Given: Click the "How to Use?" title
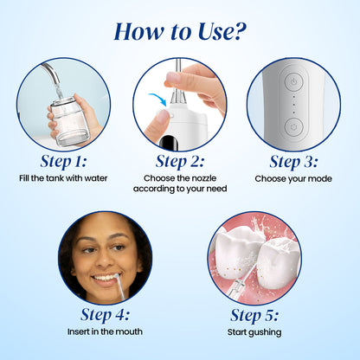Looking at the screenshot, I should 179,31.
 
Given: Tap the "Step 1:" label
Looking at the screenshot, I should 63,161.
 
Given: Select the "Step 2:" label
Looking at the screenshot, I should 178,161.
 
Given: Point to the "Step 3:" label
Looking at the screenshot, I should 292,161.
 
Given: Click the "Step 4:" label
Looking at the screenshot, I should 105,314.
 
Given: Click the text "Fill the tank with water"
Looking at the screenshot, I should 63,178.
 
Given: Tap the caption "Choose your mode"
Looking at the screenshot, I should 292,178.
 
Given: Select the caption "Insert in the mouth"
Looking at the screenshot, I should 105,331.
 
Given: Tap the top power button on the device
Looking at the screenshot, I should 293,79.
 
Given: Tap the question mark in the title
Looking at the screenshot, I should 239,31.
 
